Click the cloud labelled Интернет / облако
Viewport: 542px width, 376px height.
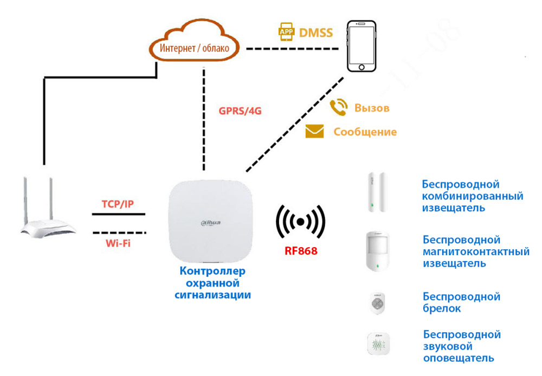pyautogui.click(x=194, y=47)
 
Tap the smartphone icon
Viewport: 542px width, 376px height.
pyautogui.click(x=362, y=47)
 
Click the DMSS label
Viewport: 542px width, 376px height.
pyautogui.click(x=316, y=33)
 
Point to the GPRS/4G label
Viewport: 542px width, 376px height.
pyautogui.click(x=240, y=111)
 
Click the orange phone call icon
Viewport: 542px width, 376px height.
pyautogui.click(x=339, y=107)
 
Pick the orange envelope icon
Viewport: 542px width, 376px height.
pyautogui.click(x=314, y=132)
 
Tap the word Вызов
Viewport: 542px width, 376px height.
pyautogui.click(x=372, y=108)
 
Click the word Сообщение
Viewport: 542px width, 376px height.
pyautogui.click(x=365, y=132)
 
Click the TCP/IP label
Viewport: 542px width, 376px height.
pyautogui.click(x=118, y=204)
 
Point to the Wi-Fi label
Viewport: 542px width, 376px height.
pyautogui.click(x=118, y=243)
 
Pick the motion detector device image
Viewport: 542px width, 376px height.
pyautogui.click(x=378, y=250)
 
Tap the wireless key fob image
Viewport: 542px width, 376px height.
pyautogui.click(x=377, y=303)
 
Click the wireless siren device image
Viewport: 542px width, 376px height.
pyautogui.click(x=378, y=343)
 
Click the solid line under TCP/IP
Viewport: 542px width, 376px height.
pyautogui.click(x=119, y=214)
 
